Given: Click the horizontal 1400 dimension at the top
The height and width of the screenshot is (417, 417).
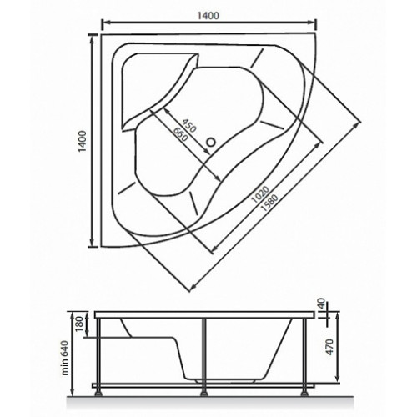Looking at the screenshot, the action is coord(208,16).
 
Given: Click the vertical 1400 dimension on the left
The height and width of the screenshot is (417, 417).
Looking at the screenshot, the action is coord(83,141).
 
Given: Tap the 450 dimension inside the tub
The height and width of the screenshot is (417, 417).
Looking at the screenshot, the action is coord(189,125).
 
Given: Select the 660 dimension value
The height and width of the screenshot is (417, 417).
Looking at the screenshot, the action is coord(180,134).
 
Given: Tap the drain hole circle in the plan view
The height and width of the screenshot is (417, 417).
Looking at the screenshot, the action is coord(211,143).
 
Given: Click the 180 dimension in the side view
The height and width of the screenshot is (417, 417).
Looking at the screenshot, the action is coord(79,324).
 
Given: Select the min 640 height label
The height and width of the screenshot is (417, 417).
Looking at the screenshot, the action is coord(64,358).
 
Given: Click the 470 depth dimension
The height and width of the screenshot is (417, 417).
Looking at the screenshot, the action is coord(329,347).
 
